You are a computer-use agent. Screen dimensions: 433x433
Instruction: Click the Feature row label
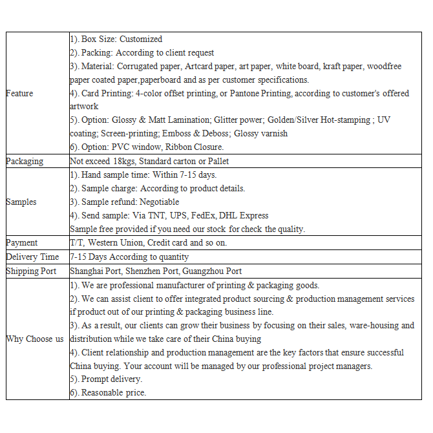coord(19,93)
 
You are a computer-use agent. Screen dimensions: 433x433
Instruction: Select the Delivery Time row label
coord(32,257)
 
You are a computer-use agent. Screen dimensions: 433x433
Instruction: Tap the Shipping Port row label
coord(31,271)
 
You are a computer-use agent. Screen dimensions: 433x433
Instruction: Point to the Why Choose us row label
coord(35,339)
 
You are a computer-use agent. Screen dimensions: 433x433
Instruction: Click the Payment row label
coord(22,242)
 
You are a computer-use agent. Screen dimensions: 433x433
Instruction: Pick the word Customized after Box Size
coord(141,39)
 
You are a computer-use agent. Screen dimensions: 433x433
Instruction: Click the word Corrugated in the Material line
coord(142,66)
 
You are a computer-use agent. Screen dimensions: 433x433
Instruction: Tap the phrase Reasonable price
coord(114,392)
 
